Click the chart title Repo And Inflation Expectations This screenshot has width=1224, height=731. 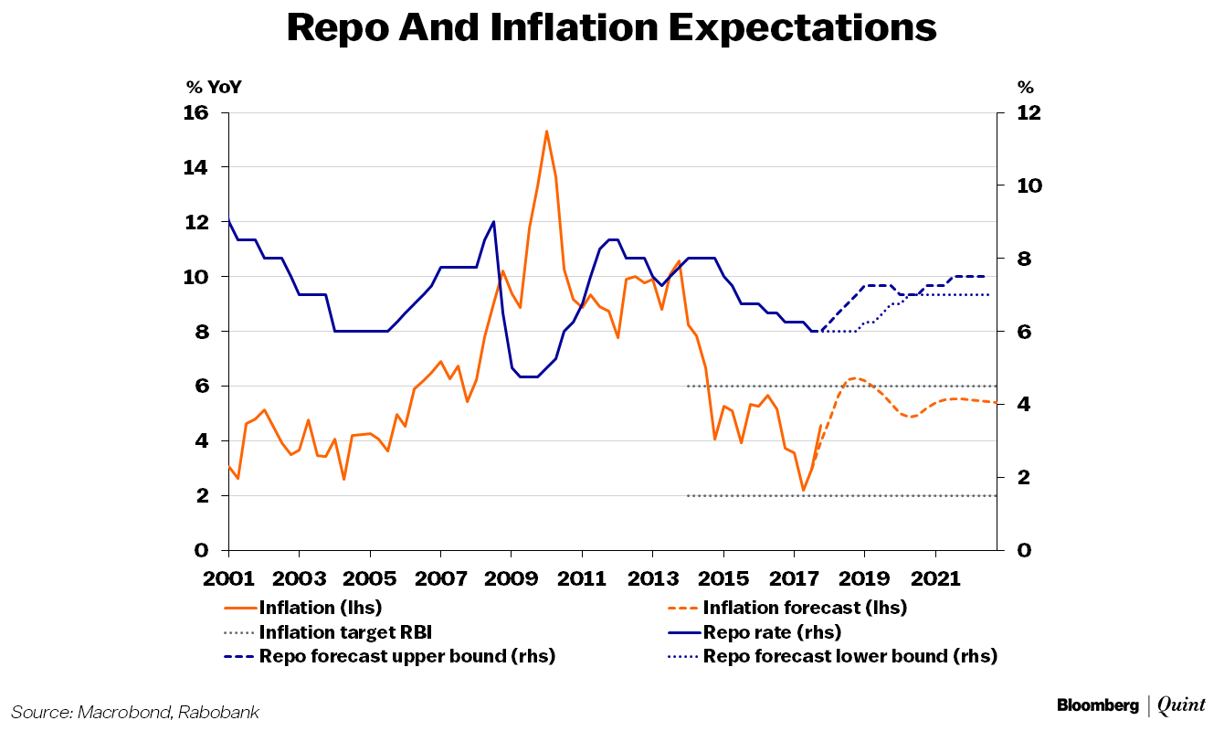coord(611,27)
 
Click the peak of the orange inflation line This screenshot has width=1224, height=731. coord(546,132)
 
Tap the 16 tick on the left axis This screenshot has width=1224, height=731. coord(197,113)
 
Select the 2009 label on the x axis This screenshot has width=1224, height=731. coord(511,578)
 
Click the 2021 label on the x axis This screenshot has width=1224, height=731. coord(935,578)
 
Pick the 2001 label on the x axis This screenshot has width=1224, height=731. coord(227,578)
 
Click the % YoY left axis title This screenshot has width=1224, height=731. coord(214,88)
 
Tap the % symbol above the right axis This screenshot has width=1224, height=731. coord(1026,88)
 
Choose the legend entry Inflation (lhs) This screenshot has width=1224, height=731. coord(320,607)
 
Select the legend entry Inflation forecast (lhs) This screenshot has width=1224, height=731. coord(804,607)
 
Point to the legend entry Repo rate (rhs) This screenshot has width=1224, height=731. coord(771,631)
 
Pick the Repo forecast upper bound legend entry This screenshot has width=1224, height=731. coord(406,656)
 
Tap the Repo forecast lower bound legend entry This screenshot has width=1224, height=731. coord(849,656)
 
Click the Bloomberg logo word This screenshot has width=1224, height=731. coord(1097,705)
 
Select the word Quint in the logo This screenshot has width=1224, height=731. coord(1181,705)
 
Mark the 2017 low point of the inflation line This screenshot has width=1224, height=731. coord(803,491)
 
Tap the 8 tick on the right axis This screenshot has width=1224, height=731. coord(1022,259)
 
